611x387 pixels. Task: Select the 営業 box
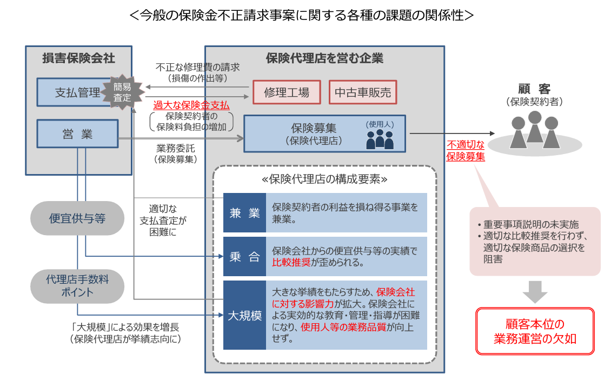click(x=77, y=134)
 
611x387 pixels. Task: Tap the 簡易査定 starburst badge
click(x=122, y=92)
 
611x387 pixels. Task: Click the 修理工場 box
click(x=287, y=92)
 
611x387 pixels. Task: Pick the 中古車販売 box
click(x=363, y=92)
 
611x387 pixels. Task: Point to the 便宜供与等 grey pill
click(x=77, y=218)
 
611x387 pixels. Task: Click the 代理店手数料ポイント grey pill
click(x=77, y=286)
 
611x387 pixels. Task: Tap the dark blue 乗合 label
click(x=244, y=256)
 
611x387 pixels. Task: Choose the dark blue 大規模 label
click(x=244, y=315)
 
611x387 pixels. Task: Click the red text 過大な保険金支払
click(x=191, y=105)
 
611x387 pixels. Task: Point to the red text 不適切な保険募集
click(x=466, y=151)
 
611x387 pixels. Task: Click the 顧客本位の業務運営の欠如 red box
click(x=535, y=331)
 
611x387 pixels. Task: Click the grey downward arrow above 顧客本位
click(x=535, y=291)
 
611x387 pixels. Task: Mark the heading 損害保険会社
click(x=79, y=58)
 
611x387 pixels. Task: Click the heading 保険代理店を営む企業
click(x=324, y=58)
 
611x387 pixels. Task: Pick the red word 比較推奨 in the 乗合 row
click(x=291, y=262)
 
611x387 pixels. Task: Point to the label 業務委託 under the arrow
click(x=176, y=148)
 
